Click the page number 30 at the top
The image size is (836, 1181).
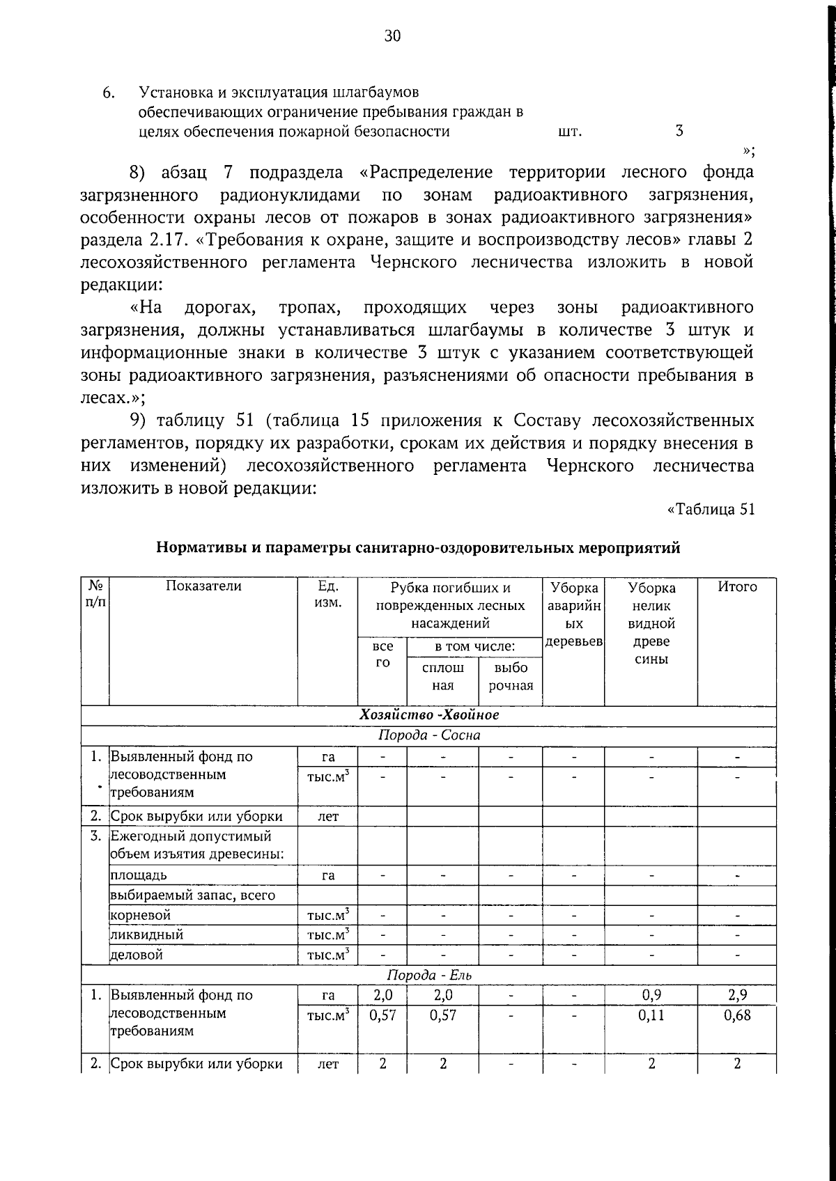392,37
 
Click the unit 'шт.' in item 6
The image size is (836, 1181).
570,132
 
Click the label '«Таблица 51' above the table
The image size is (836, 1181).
711,509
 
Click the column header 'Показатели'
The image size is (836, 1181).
203,586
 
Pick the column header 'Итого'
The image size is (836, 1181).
737,587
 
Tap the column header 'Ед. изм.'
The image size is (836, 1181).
327,594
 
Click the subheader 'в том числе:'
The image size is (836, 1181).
474,647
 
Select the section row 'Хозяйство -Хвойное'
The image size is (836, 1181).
429,715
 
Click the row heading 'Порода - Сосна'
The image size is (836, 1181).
429,735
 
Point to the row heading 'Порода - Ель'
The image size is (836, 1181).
429,975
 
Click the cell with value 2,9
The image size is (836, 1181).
737,995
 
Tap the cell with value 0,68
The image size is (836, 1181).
737,1015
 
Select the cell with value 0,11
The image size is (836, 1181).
651,1015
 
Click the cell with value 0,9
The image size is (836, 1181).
651,995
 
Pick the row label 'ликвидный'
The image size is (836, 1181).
138,934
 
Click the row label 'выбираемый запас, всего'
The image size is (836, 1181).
193,895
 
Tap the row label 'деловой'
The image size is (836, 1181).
137,955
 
